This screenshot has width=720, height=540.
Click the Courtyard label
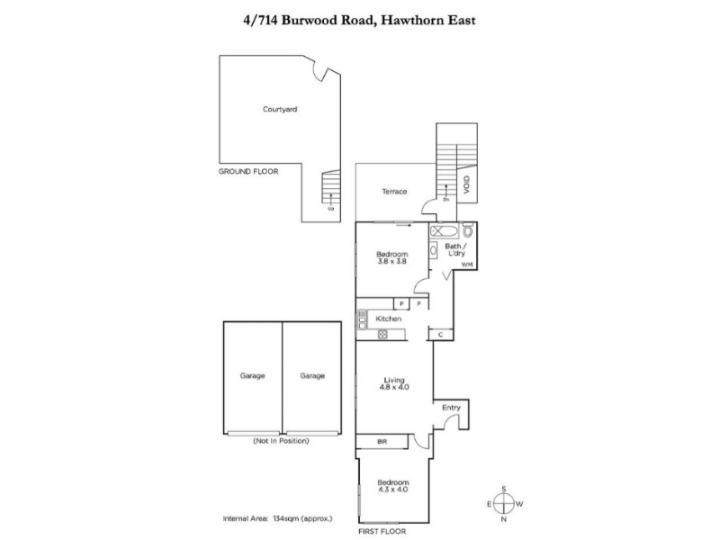click(x=280, y=109)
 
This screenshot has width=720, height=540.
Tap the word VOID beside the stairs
click(x=466, y=185)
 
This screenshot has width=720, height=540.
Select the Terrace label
click(x=394, y=192)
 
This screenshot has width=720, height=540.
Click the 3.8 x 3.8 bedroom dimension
click(x=391, y=261)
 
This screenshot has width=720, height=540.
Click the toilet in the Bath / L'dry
click(x=466, y=229)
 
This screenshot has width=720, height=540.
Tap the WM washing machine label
click(x=466, y=265)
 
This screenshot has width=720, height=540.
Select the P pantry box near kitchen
click(x=401, y=305)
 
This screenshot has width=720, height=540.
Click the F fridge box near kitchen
click(x=418, y=305)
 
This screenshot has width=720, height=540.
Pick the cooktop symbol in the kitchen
click(x=382, y=335)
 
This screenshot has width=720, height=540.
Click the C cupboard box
click(x=440, y=335)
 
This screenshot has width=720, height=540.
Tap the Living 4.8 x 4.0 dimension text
click(x=393, y=388)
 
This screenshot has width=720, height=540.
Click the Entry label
click(x=451, y=408)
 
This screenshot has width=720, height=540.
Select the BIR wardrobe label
click(x=382, y=442)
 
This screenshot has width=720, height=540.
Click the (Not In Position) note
click(x=281, y=441)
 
